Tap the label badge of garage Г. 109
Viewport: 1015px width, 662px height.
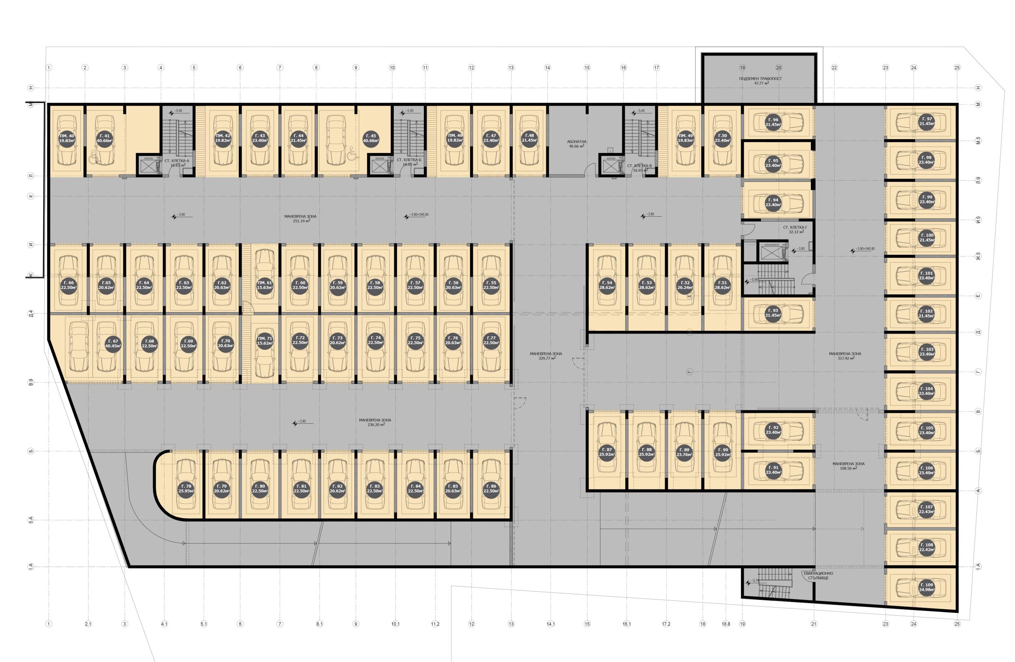tap(927, 587)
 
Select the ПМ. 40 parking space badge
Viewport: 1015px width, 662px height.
tap(67, 138)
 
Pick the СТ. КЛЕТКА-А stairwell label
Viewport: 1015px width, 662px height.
tap(177, 162)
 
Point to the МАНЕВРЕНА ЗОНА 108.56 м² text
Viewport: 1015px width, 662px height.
tap(848, 466)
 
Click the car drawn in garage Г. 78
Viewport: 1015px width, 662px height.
tap(186, 477)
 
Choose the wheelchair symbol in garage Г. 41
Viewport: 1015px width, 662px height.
tap(93, 158)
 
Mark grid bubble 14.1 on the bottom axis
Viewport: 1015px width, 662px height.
tap(551, 624)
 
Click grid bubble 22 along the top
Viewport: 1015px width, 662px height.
tap(834, 67)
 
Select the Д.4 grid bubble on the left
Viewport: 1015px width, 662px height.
tap(31, 314)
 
